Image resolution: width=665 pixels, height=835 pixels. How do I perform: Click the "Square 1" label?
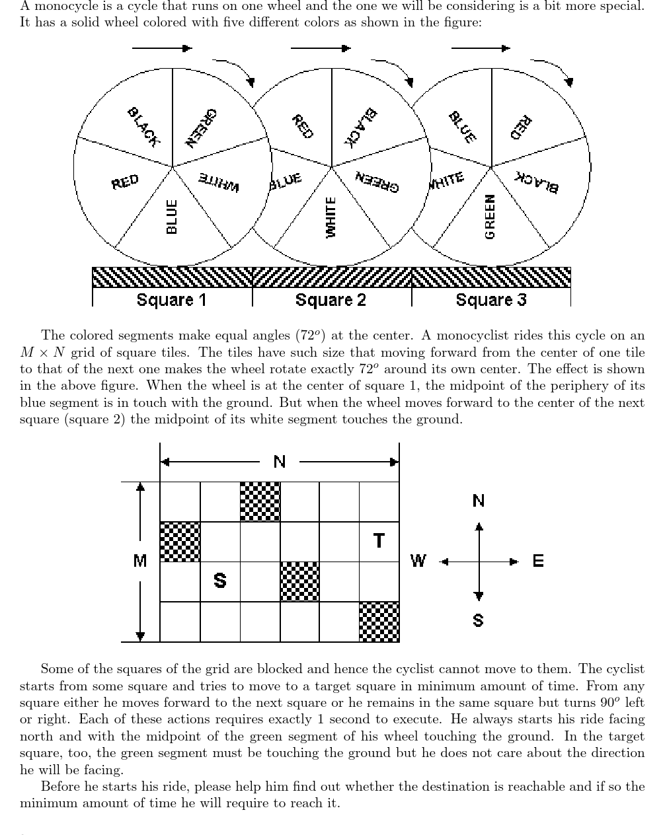171,300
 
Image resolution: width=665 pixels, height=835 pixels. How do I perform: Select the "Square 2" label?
331,300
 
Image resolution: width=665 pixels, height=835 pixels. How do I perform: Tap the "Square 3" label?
491,300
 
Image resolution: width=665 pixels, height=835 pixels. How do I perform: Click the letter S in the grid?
220,581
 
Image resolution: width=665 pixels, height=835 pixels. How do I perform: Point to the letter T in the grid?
379,541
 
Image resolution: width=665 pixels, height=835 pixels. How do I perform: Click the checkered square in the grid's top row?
260,502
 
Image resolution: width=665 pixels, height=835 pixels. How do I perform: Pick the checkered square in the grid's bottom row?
379,622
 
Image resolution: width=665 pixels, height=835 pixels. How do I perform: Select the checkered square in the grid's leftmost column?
180,542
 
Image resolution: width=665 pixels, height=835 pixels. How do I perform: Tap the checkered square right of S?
300,581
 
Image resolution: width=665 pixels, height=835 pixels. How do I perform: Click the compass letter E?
538,562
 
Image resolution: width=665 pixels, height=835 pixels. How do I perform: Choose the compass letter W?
418,562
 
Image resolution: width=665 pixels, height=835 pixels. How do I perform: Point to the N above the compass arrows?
479,501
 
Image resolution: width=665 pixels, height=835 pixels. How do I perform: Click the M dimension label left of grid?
140,562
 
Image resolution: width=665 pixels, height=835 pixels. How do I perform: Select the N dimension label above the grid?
280,462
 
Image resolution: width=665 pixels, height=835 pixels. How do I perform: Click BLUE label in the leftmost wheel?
172,217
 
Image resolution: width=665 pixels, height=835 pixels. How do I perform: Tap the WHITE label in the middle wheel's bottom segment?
331,217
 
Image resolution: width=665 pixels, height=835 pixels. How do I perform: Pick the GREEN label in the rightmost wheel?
490,217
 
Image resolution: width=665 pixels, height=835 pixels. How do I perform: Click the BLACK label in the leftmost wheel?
143,126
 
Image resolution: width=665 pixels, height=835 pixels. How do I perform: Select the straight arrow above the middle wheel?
321,48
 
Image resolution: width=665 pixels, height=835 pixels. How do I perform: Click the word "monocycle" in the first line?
57,6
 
